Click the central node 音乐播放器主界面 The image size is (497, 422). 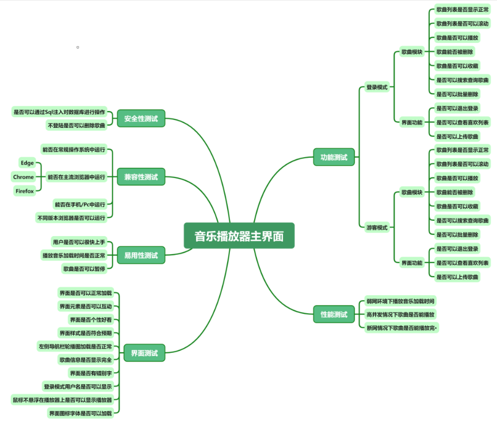(x=239, y=236)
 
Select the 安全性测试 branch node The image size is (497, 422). (x=141, y=118)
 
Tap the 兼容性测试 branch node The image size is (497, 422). (x=141, y=177)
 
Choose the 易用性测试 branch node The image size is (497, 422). (x=141, y=255)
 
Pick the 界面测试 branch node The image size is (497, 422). (x=144, y=353)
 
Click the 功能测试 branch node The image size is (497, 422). (x=334, y=157)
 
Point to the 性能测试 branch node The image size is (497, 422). (x=334, y=314)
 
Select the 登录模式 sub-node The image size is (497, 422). (x=377, y=87)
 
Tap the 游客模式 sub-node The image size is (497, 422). (x=377, y=228)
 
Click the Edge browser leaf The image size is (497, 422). (x=27, y=163)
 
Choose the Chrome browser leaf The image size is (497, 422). (x=24, y=177)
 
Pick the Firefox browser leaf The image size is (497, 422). (x=25, y=191)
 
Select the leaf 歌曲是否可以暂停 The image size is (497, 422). (x=84, y=269)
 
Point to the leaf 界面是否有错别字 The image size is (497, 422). (x=91, y=373)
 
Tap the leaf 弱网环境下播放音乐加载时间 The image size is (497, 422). (x=400, y=301)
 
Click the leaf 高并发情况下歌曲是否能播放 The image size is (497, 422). (x=400, y=314)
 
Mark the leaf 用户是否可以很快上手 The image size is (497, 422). (x=79, y=242)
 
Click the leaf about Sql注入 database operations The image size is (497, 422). (x=59, y=112)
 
